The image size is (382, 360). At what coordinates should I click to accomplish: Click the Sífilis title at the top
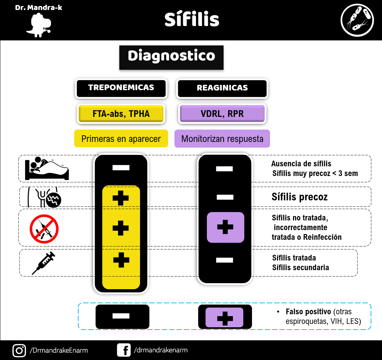pyautogui.click(x=192, y=19)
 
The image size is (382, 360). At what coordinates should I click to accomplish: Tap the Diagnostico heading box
pyautogui.click(x=171, y=57)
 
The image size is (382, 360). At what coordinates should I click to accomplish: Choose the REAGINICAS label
pyautogui.click(x=222, y=88)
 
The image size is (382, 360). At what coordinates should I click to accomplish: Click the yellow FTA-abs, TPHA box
pyautogui.click(x=121, y=114)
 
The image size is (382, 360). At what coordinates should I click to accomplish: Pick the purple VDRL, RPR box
pyautogui.click(x=222, y=114)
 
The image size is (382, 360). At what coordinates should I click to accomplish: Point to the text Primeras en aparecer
pyautogui.click(x=121, y=139)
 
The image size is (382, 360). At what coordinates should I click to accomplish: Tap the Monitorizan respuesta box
pyautogui.click(x=222, y=139)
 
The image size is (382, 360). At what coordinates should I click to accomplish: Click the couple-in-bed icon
pyautogui.click(x=47, y=168)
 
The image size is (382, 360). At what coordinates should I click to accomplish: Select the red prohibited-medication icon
pyautogui.click(x=44, y=229)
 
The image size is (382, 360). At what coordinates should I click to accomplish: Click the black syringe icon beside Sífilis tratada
pyautogui.click(x=43, y=263)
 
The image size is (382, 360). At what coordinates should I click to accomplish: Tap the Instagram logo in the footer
pyautogui.click(x=19, y=351)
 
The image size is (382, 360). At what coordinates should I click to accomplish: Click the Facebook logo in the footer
pyautogui.click(x=124, y=350)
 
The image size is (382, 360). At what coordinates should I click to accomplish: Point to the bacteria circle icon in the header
pyautogui.click(x=357, y=20)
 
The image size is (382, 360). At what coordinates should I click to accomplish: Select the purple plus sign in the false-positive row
pyautogui.click(x=225, y=318)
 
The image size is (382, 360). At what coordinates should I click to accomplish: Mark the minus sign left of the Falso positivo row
pyautogui.click(x=121, y=316)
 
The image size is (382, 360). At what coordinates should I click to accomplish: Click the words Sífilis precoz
pyautogui.click(x=300, y=197)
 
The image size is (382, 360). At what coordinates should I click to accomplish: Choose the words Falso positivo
pyautogui.click(x=308, y=312)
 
